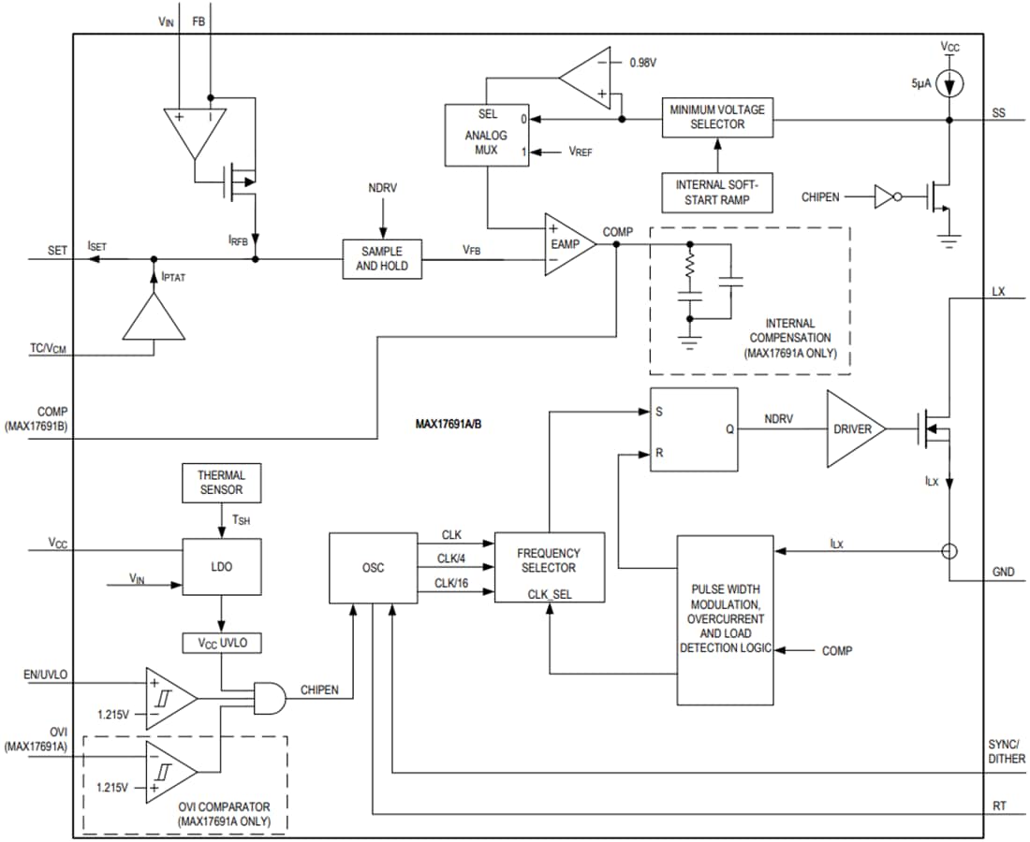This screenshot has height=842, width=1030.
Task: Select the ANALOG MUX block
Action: [487, 136]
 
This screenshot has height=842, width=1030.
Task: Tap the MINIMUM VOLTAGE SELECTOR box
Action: [717, 117]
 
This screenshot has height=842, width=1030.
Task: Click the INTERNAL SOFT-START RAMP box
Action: [717, 193]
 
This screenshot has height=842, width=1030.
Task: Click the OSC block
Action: [373, 568]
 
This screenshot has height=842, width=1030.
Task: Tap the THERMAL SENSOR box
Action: [221, 482]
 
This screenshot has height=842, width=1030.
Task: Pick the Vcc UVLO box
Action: [221, 644]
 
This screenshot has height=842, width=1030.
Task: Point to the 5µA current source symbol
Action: [949, 85]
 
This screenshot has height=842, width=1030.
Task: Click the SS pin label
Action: [998, 113]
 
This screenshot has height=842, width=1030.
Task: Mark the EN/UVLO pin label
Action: [44, 674]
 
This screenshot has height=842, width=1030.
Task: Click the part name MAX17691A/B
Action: [449, 423]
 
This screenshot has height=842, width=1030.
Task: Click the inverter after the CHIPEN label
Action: [885, 196]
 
